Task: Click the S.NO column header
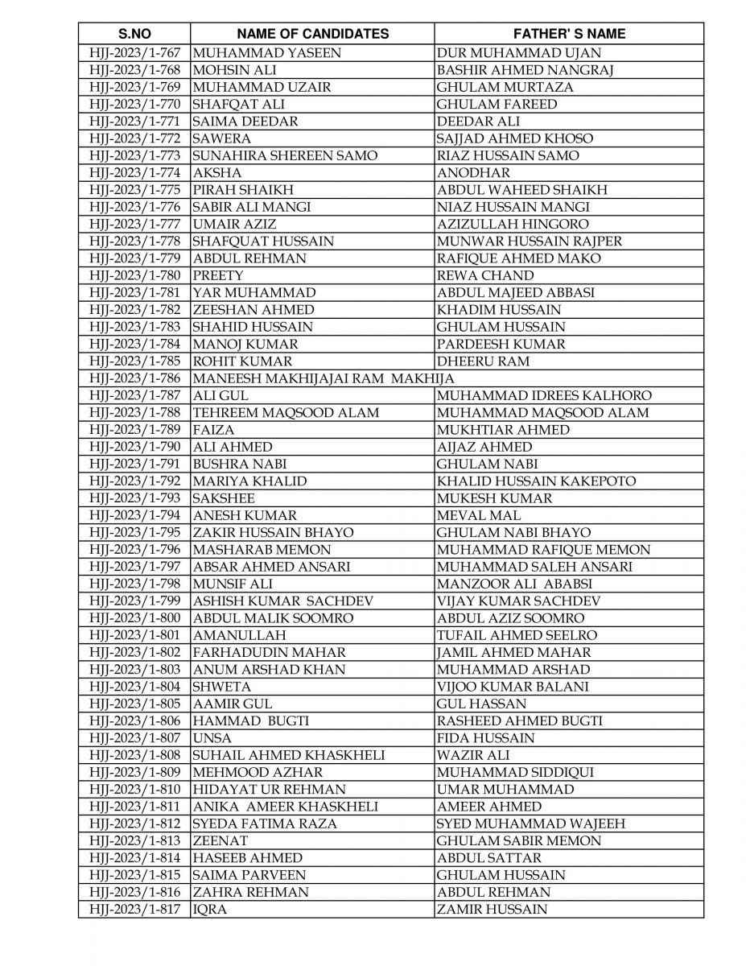pos(134,34)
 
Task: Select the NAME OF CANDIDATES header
pos(312,34)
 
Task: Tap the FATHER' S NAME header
pos(569,34)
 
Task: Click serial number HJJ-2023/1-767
pos(134,53)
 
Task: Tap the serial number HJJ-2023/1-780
pos(134,275)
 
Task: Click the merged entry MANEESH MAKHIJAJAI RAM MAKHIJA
pos(324,378)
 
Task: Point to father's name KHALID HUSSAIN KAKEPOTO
pos(536,481)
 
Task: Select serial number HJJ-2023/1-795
pos(134,532)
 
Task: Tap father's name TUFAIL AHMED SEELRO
pos(517,635)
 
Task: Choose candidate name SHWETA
pos(222,687)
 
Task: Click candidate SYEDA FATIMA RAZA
pos(265,824)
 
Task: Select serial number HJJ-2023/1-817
pos(134,909)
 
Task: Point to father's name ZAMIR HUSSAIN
pos(492,909)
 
